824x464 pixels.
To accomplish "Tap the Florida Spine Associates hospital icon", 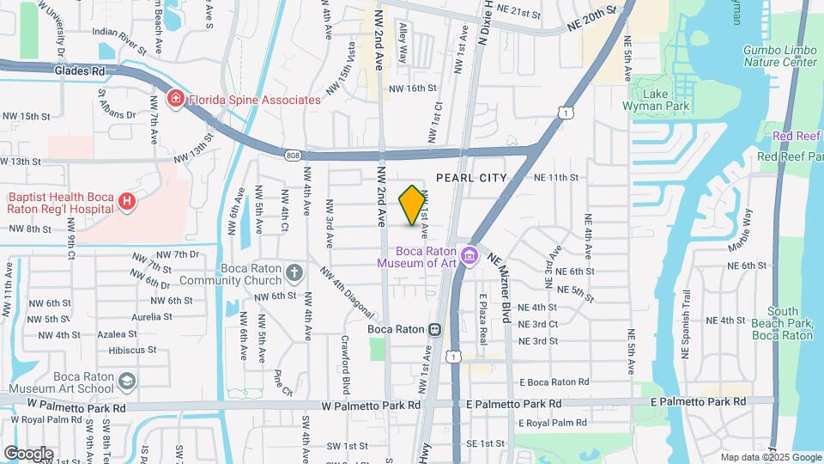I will [x=176, y=100].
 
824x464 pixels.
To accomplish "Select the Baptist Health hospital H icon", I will [x=127, y=202].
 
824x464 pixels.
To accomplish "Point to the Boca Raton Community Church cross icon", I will [x=294, y=273].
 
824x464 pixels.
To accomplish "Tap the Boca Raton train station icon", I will [x=436, y=329].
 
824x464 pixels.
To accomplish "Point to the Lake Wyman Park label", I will [x=660, y=100].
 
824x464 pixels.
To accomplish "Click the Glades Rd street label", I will [x=78, y=71].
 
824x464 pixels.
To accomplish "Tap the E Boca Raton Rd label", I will [x=554, y=382].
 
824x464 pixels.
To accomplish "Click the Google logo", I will [x=28, y=453].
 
